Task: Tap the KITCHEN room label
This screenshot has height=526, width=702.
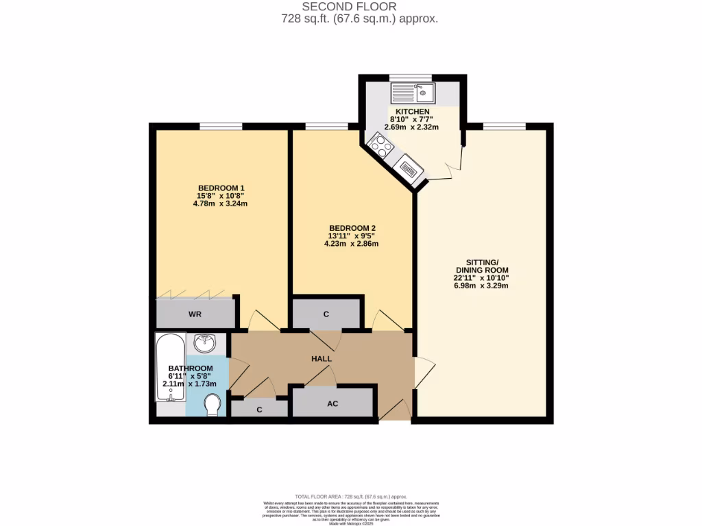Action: [x=410, y=112]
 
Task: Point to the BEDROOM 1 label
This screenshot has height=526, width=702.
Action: [x=221, y=188]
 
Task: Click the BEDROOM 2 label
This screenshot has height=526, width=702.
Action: [x=352, y=228]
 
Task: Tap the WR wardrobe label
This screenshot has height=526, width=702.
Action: [x=195, y=315]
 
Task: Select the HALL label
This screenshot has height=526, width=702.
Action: [x=322, y=358]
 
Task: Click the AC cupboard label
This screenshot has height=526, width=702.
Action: [x=332, y=403]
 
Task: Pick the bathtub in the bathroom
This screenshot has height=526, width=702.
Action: [x=169, y=374]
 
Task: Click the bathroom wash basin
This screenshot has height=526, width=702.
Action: [x=205, y=342]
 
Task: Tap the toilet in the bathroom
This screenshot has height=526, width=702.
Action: [x=213, y=404]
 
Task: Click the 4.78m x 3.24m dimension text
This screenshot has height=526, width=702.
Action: [x=221, y=203]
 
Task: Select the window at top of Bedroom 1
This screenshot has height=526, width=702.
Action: [x=220, y=125]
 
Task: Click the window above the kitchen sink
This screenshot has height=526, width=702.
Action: [x=410, y=77]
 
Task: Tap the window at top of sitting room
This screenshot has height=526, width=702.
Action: [x=504, y=125]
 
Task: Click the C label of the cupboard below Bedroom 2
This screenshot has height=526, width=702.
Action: [x=326, y=314]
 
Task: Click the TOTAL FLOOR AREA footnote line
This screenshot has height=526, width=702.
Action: [x=351, y=496]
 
